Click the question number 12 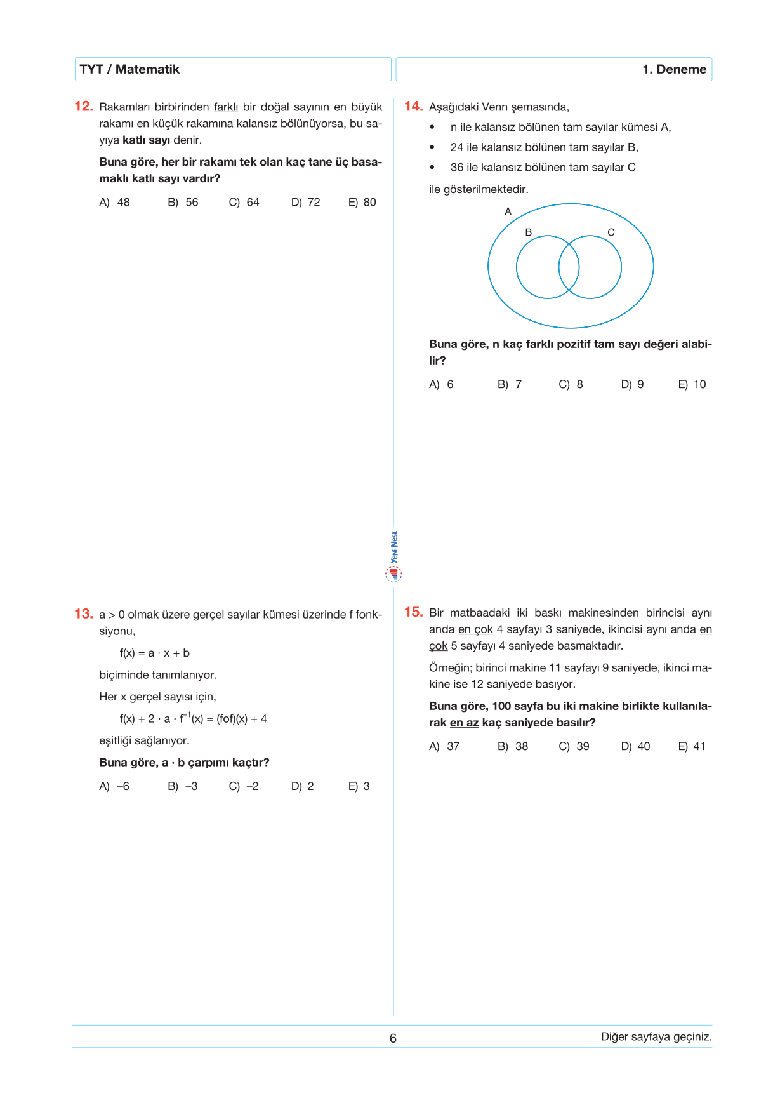(84, 106)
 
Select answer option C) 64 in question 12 (244, 203)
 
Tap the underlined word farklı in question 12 (226, 107)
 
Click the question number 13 (84, 613)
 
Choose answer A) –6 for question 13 (114, 786)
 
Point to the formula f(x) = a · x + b (155, 653)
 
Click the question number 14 (413, 106)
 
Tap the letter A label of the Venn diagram (508, 211)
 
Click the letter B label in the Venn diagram (528, 232)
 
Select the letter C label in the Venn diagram (611, 232)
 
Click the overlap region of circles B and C (569, 267)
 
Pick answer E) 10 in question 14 (692, 385)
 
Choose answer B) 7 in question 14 (510, 385)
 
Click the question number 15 (413, 612)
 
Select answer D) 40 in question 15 (635, 747)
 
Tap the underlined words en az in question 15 (464, 723)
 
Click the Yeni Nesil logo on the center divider (393, 558)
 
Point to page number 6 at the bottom (393, 1038)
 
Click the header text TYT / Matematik (129, 69)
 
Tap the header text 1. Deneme (674, 69)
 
